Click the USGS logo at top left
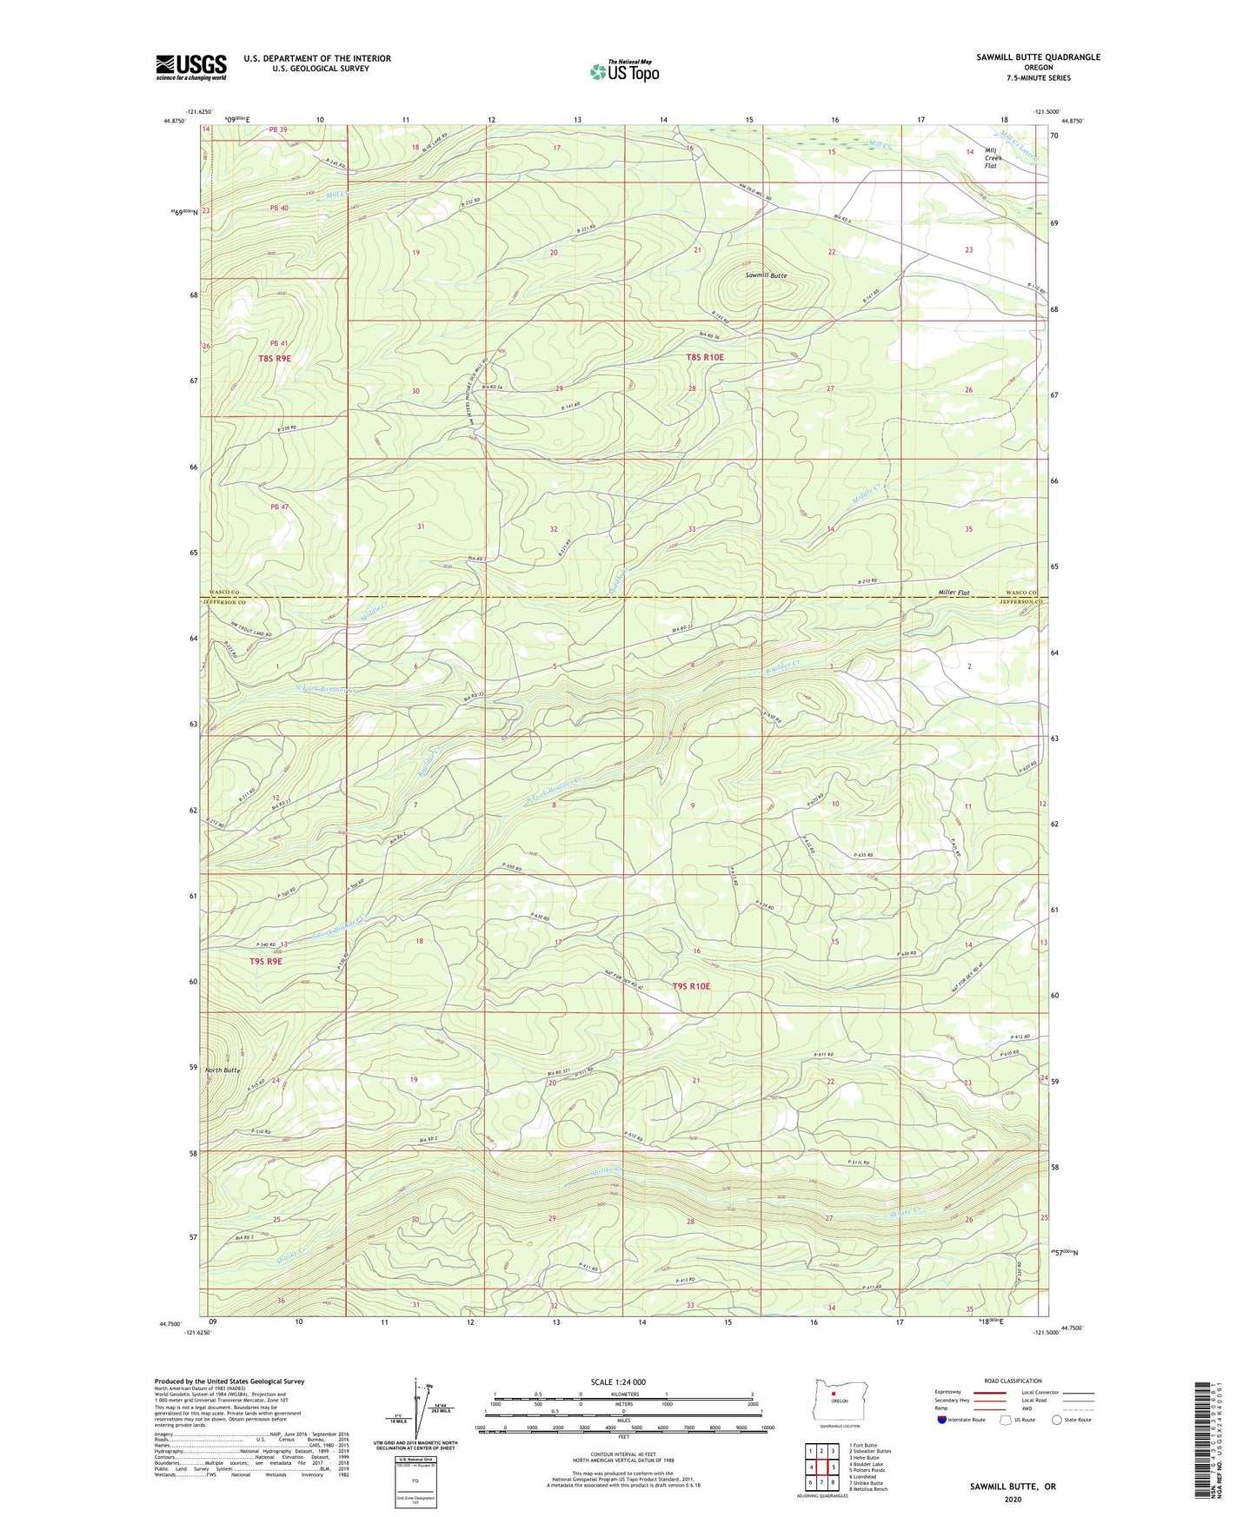pyautogui.click(x=191, y=66)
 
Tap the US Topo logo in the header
pyautogui.click(x=623, y=71)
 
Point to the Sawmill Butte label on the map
pyautogui.click(x=765, y=275)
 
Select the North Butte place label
pyautogui.click(x=223, y=1070)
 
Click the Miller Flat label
pyautogui.click(x=954, y=593)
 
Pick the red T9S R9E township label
pyautogui.click(x=266, y=962)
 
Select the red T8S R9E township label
pyautogui.click(x=275, y=358)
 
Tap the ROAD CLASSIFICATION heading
pyautogui.click(x=1013, y=1381)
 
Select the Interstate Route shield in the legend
pyautogui.click(x=942, y=1420)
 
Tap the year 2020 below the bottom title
pyautogui.click(x=1013, y=1499)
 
